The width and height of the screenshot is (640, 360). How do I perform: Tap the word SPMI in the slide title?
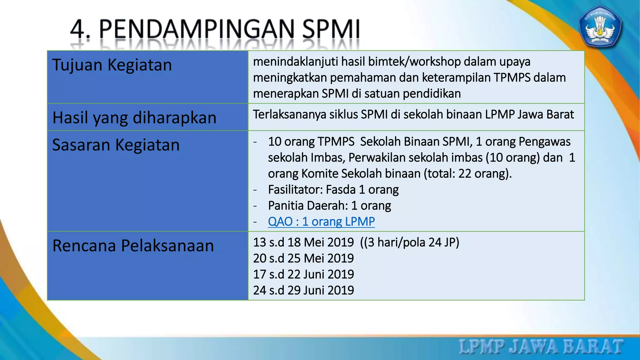coord(331,29)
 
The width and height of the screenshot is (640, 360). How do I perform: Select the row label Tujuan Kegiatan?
coord(112,65)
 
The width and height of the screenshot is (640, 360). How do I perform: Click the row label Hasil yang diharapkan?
coord(134,118)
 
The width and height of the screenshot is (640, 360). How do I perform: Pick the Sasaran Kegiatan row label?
coord(116,145)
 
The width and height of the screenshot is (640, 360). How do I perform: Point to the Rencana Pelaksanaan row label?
coord(133,246)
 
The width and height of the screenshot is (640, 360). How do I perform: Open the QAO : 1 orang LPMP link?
coord(321,222)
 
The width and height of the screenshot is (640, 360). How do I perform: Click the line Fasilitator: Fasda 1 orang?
coord(333,190)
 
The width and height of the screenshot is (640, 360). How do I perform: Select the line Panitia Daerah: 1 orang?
coord(329,206)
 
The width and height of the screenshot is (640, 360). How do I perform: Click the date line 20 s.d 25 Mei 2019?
coord(303,258)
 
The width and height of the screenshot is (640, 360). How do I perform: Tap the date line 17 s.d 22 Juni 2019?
coord(303,274)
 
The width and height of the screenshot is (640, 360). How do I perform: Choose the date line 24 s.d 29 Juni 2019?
coord(303,290)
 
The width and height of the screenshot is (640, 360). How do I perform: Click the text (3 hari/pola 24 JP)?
coord(410,242)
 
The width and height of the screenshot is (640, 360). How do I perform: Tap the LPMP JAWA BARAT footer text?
coord(541,347)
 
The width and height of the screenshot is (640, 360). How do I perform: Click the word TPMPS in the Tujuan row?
coord(512,78)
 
